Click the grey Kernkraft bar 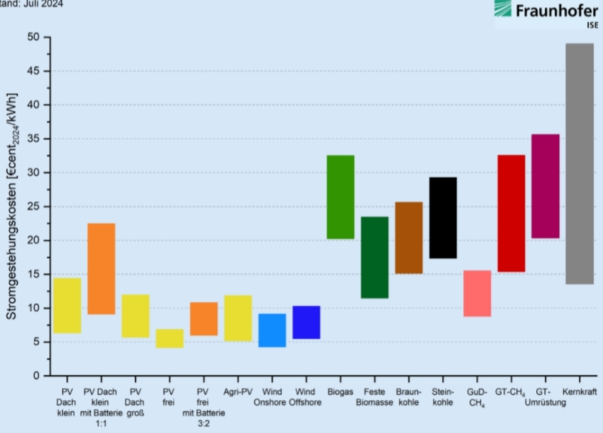click(x=579, y=163)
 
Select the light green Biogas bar click(x=340, y=197)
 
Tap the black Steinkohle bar click(x=443, y=217)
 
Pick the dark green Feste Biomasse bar click(x=374, y=257)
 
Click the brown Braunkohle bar click(x=408, y=237)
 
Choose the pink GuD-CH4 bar click(x=477, y=293)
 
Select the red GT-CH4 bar click(x=511, y=213)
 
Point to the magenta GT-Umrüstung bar click(x=545, y=186)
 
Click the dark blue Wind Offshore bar click(x=306, y=322)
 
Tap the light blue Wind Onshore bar click(x=272, y=330)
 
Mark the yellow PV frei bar click(x=169, y=338)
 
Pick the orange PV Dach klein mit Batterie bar click(x=101, y=269)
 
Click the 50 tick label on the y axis click(x=33, y=37)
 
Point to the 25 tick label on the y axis click(x=33, y=207)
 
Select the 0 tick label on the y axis click(x=37, y=376)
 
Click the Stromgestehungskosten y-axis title click(x=12, y=207)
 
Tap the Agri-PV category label click(x=237, y=392)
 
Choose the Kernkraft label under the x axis click(x=579, y=392)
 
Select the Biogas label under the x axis click(x=340, y=392)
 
